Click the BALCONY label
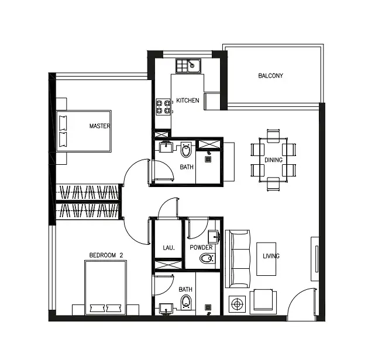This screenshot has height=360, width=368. [x=271, y=76]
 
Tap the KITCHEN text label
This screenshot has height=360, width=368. [x=188, y=101]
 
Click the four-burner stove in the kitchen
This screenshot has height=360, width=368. [x=163, y=106]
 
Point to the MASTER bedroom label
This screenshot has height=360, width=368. [x=99, y=126]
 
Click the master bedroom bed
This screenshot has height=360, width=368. [x=84, y=131]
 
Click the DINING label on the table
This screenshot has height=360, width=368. [x=273, y=160]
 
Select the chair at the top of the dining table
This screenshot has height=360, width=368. [x=273, y=136]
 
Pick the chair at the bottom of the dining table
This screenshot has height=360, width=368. [x=273, y=184]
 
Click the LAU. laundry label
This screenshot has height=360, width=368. [x=168, y=248]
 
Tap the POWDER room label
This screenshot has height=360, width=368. [x=201, y=248]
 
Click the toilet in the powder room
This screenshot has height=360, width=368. [x=208, y=258]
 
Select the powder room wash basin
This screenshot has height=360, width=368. [x=214, y=237]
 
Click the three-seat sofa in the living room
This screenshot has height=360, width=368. [x=238, y=259]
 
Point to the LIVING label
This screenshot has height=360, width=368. [x=271, y=256]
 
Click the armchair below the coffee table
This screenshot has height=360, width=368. [x=263, y=302]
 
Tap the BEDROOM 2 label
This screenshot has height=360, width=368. [x=106, y=255]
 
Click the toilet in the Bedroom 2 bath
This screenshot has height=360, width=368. [x=186, y=302]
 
